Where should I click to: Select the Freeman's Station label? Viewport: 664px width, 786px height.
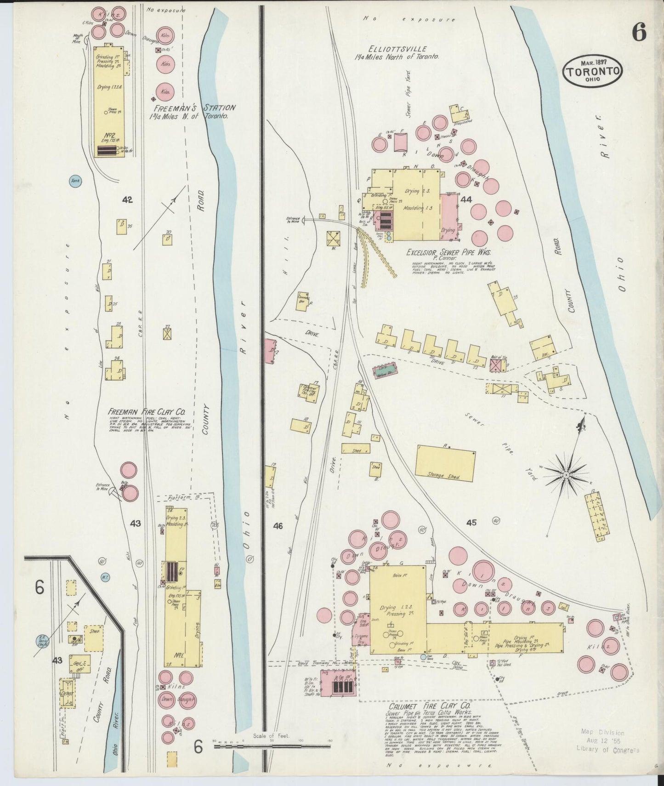195,108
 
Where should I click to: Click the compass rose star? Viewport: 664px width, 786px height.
566,474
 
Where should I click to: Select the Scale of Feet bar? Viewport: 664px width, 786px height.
272,746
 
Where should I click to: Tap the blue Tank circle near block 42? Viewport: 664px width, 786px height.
75,181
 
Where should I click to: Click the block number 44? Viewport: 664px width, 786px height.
466,199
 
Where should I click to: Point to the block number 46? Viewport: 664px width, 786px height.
278,525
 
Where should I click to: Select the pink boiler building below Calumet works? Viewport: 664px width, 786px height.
338,683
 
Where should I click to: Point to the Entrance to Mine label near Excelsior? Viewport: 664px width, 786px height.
293,220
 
